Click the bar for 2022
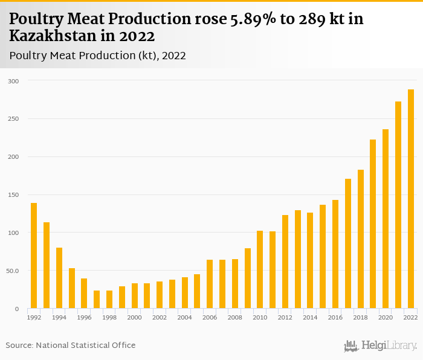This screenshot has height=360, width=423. pos(411,199)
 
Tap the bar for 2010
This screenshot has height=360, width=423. pos(260,269)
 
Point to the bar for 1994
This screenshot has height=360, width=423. pos(59,278)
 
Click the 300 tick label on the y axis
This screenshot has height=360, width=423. pos(13,81)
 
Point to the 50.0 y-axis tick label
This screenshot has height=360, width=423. pos(12,271)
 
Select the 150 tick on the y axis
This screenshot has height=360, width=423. pos(13,195)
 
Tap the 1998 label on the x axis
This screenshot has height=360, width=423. pos(109,317)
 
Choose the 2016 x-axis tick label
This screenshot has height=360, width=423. pos(335,317)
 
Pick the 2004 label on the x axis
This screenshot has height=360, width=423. pos(184,317)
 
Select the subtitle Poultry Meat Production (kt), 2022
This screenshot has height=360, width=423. pos(97,56)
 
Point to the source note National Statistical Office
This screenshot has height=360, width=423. pos(85,345)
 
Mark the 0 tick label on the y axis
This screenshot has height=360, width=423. pos(17,309)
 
